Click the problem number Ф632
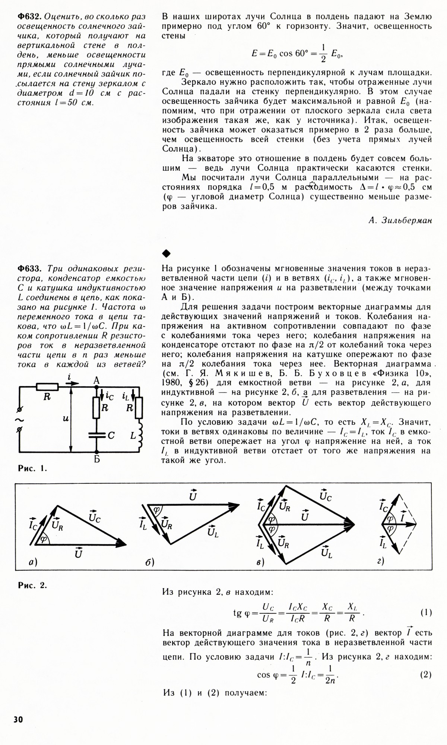point(30,17)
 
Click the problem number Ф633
point(30,269)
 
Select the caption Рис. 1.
point(32,469)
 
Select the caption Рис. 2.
point(32,585)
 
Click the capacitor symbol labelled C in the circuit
point(96,435)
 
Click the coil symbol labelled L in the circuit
point(140,435)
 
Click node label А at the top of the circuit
point(96,381)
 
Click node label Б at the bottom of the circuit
point(97,460)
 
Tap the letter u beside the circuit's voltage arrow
point(66,419)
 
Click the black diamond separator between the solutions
point(166,254)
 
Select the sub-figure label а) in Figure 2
point(33,563)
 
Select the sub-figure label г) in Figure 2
point(380,561)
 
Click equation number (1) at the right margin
point(426,612)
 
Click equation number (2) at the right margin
point(426,675)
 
